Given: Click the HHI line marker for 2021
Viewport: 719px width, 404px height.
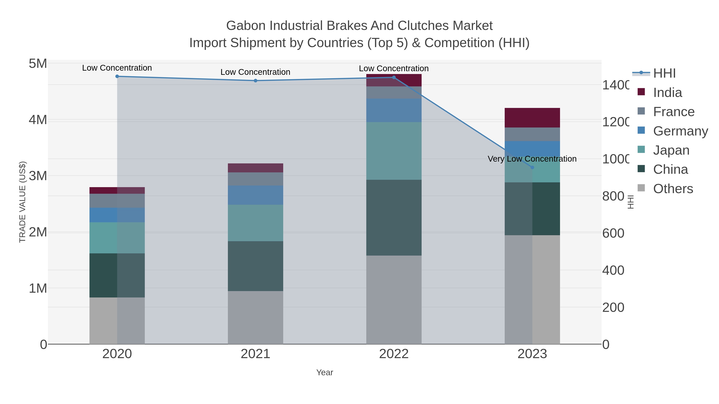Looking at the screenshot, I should pyautogui.click(x=255, y=81).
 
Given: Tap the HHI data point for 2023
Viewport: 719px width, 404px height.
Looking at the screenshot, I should pyautogui.click(x=532, y=167).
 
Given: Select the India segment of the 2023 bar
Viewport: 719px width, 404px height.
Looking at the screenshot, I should pyautogui.click(x=532, y=118).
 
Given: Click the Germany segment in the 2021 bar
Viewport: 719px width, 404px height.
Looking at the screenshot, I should pyautogui.click(x=255, y=195).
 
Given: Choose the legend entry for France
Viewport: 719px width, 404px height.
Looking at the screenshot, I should pyautogui.click(x=673, y=112).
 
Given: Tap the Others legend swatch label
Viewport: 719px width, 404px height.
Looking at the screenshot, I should pyautogui.click(x=673, y=189).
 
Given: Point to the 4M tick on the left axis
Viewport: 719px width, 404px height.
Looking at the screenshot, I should pyautogui.click(x=38, y=120).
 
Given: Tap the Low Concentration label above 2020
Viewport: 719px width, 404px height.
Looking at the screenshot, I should pyautogui.click(x=117, y=68).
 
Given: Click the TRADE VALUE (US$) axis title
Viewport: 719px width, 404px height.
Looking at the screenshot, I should pyautogui.click(x=22, y=202).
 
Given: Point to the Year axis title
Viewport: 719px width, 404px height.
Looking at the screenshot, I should pyautogui.click(x=324, y=372).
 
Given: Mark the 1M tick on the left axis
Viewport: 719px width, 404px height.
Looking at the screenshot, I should pyautogui.click(x=38, y=288).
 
